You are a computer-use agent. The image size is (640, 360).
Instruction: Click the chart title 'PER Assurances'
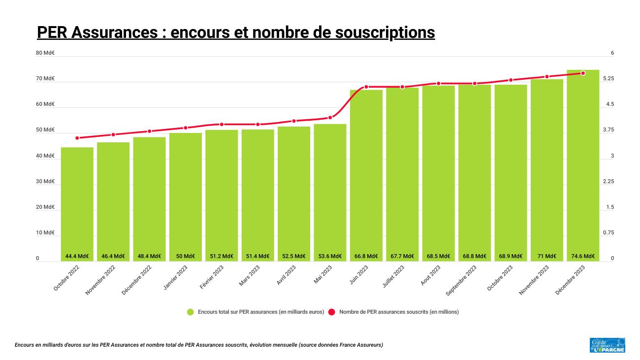click(236, 32)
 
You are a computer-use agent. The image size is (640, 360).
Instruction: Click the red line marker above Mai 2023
click(330, 118)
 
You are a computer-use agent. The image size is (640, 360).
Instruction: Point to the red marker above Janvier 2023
click(186, 128)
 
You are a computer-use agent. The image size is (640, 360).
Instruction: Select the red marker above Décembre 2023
click(583, 73)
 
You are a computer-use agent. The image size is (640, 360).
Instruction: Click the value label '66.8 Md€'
click(366, 256)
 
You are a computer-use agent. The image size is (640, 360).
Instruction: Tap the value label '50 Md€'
click(186, 256)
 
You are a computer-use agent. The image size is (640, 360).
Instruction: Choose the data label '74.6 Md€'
click(583, 256)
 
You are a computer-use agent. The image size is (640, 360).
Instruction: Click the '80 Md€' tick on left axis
click(45, 53)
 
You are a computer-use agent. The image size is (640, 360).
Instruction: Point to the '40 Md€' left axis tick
click(45, 156)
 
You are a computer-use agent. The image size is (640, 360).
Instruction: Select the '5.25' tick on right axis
click(608, 79)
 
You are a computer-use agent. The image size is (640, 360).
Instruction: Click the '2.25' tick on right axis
click(608, 181)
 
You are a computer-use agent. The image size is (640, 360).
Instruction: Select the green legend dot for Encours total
click(191, 312)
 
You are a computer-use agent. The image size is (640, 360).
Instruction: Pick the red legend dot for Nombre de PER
click(332, 312)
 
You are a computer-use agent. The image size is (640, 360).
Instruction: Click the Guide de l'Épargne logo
click(607, 345)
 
